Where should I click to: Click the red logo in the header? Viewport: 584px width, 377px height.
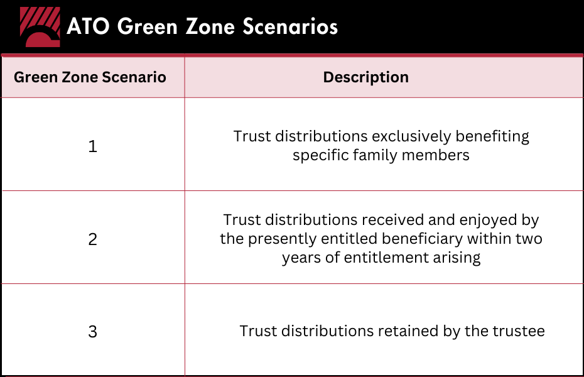click(40, 28)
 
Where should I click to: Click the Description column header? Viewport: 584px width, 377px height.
click(365, 77)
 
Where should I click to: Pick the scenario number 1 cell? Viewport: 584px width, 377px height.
click(92, 147)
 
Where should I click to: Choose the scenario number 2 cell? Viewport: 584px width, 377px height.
click(92, 239)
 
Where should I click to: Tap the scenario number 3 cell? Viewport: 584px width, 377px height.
click(92, 332)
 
